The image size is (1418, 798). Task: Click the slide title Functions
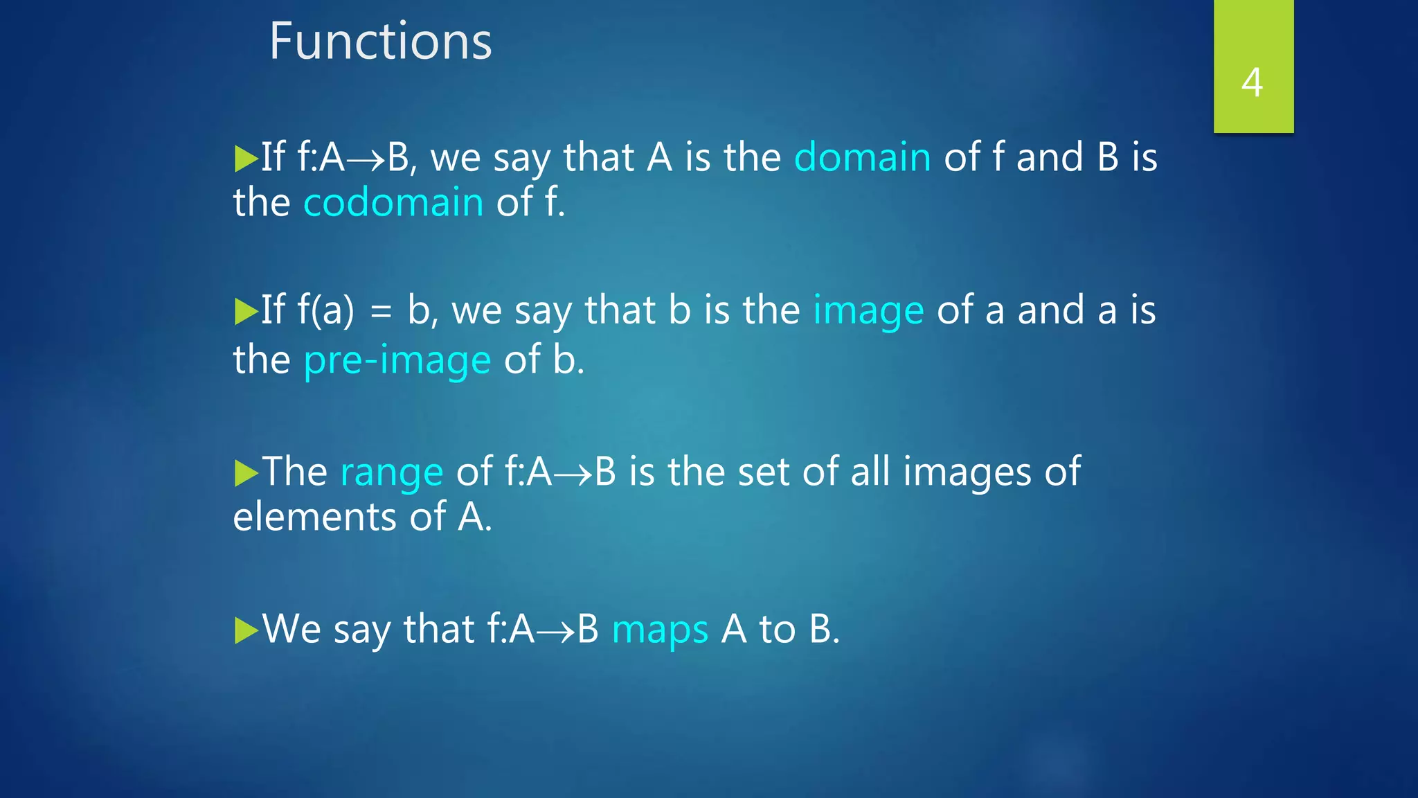(x=380, y=42)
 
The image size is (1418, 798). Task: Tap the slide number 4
(x=1252, y=82)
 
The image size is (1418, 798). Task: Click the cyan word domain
(x=862, y=157)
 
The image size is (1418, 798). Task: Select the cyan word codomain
(x=393, y=203)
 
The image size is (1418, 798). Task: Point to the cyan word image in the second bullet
(x=868, y=310)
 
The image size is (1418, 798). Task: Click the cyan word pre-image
(x=397, y=361)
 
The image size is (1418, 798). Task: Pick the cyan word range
(x=391, y=473)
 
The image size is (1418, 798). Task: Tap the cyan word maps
(x=660, y=630)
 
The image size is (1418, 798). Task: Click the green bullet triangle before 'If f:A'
(x=245, y=159)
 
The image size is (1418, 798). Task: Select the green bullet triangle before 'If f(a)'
(x=245, y=312)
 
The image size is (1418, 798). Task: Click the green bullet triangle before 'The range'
(x=245, y=474)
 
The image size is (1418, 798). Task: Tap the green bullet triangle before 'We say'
(x=245, y=631)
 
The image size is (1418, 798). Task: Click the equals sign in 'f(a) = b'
(x=381, y=312)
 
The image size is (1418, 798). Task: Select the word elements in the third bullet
(x=314, y=517)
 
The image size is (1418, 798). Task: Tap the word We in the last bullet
(x=291, y=630)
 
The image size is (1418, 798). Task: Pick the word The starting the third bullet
(x=295, y=472)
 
